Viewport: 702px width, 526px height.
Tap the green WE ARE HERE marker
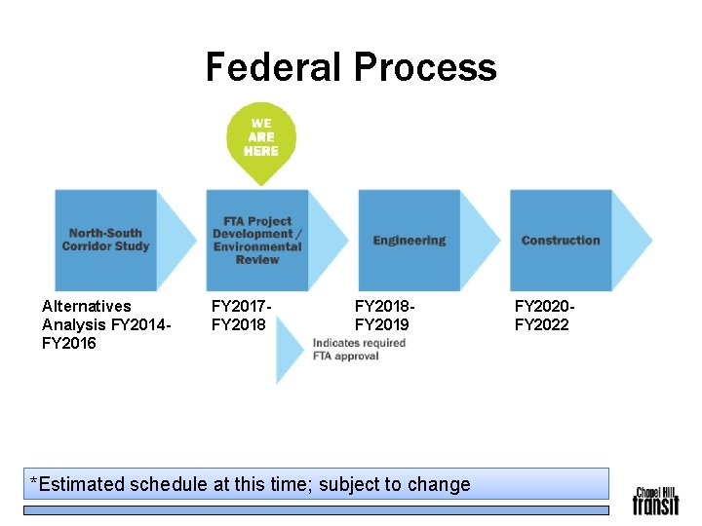click(x=260, y=139)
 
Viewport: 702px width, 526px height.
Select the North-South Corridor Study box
click(x=105, y=240)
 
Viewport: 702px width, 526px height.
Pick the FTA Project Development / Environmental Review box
click(x=257, y=240)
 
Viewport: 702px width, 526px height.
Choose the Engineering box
click(x=409, y=240)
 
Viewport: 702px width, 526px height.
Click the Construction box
click(x=561, y=240)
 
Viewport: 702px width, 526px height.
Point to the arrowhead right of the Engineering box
click(x=481, y=240)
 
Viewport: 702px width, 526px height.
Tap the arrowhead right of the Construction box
click(x=633, y=240)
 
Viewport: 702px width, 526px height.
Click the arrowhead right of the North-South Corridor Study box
click(x=176, y=240)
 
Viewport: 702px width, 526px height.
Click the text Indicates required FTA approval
click(x=359, y=349)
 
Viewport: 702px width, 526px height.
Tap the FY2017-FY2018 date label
click(x=240, y=315)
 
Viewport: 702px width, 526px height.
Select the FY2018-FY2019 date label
click(x=382, y=315)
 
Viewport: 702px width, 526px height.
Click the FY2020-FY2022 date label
click(x=542, y=315)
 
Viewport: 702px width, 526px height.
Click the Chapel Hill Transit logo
click(x=655, y=500)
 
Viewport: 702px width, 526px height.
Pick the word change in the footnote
click(x=442, y=484)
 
